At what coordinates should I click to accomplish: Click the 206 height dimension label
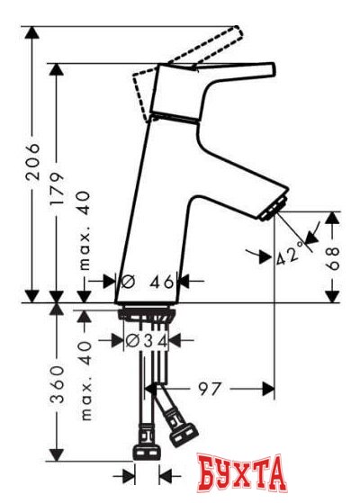tap(32, 162)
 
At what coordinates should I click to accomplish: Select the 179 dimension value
tap(57, 191)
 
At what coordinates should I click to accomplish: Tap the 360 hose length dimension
tap(58, 384)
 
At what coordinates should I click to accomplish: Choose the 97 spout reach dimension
tap(210, 389)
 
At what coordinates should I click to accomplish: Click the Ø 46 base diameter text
tap(148, 282)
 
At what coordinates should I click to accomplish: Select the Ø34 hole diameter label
tap(147, 341)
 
